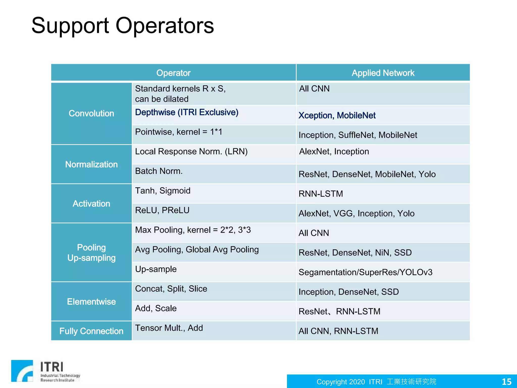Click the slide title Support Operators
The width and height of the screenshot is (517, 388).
tap(123, 26)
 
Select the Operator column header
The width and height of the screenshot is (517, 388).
tap(173, 73)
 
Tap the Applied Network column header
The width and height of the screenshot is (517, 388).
tap(383, 73)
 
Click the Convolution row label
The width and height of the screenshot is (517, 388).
tap(91, 113)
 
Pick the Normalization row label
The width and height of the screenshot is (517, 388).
tap(91, 164)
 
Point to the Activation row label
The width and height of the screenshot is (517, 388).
tap(91, 204)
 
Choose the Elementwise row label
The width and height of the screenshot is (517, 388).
tap(91, 302)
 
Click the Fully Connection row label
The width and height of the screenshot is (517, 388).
tap(91, 331)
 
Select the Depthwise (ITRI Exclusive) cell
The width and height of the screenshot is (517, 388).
tap(187, 112)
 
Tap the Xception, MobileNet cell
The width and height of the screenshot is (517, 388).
tap(337, 115)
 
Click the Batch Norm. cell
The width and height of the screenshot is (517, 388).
tap(159, 171)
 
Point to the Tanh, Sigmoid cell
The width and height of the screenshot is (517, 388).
tap(163, 191)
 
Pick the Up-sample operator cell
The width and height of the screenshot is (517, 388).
tap(156, 269)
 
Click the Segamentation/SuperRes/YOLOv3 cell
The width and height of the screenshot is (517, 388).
tap(365, 272)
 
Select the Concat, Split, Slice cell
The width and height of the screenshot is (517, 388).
tap(171, 289)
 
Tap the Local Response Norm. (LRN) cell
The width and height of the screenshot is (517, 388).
tap(191, 152)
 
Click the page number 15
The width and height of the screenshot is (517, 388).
tap(506, 381)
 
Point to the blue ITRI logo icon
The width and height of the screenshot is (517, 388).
tap(22, 371)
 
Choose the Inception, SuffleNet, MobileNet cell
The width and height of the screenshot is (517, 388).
tap(358, 135)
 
